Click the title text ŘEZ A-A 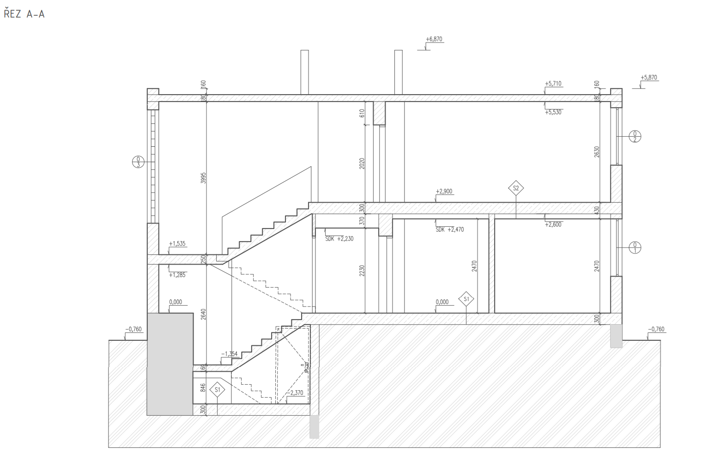24,14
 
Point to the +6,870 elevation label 434,39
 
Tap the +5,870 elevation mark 649,78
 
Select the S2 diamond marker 516,188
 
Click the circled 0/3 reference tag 138,162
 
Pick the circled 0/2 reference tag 635,137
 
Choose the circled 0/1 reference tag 635,248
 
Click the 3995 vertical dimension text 203,179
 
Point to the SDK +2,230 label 339,239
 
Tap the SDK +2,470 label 449,229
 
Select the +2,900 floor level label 444,191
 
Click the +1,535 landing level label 177,243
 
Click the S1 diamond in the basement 217,390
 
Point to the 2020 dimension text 362,164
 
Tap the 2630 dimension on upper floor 597,152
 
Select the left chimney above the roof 304,72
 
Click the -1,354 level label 229,354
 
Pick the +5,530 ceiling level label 553,112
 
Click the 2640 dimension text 203,314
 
